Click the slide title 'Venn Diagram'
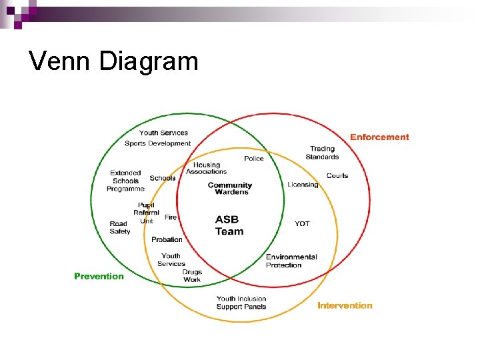114,61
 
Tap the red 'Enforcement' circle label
379,137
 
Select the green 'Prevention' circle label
99,276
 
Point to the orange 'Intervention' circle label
345,305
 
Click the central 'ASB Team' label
229,225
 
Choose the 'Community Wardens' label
230,189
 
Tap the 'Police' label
254,159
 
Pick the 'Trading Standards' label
322,153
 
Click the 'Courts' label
337,176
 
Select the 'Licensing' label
303,185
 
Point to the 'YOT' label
302,224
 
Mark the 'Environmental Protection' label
291,261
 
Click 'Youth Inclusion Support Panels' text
241,303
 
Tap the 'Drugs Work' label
192,276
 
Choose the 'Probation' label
167,239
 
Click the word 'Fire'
171,217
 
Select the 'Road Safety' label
120,227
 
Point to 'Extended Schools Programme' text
125,181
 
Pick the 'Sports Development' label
157,143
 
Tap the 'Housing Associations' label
207,168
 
